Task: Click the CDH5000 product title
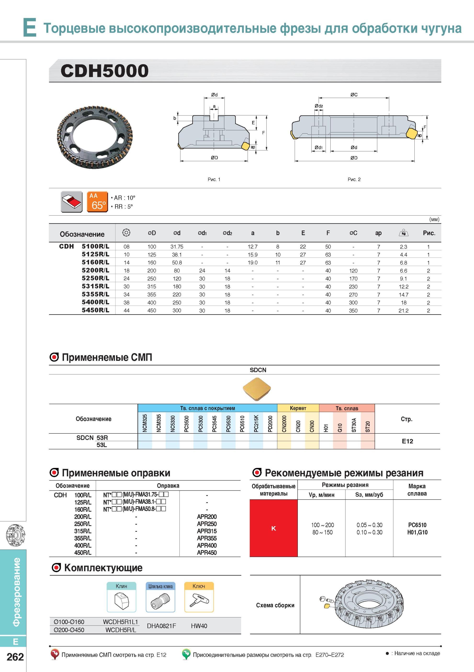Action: [x=104, y=71]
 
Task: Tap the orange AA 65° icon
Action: [x=97, y=202]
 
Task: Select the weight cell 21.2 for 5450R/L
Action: [x=403, y=311]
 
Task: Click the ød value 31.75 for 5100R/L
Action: [x=177, y=247]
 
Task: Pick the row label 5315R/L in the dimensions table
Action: [x=95, y=286]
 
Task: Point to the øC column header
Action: [x=353, y=233]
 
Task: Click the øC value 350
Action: [x=353, y=311]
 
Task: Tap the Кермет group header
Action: [x=298, y=408]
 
